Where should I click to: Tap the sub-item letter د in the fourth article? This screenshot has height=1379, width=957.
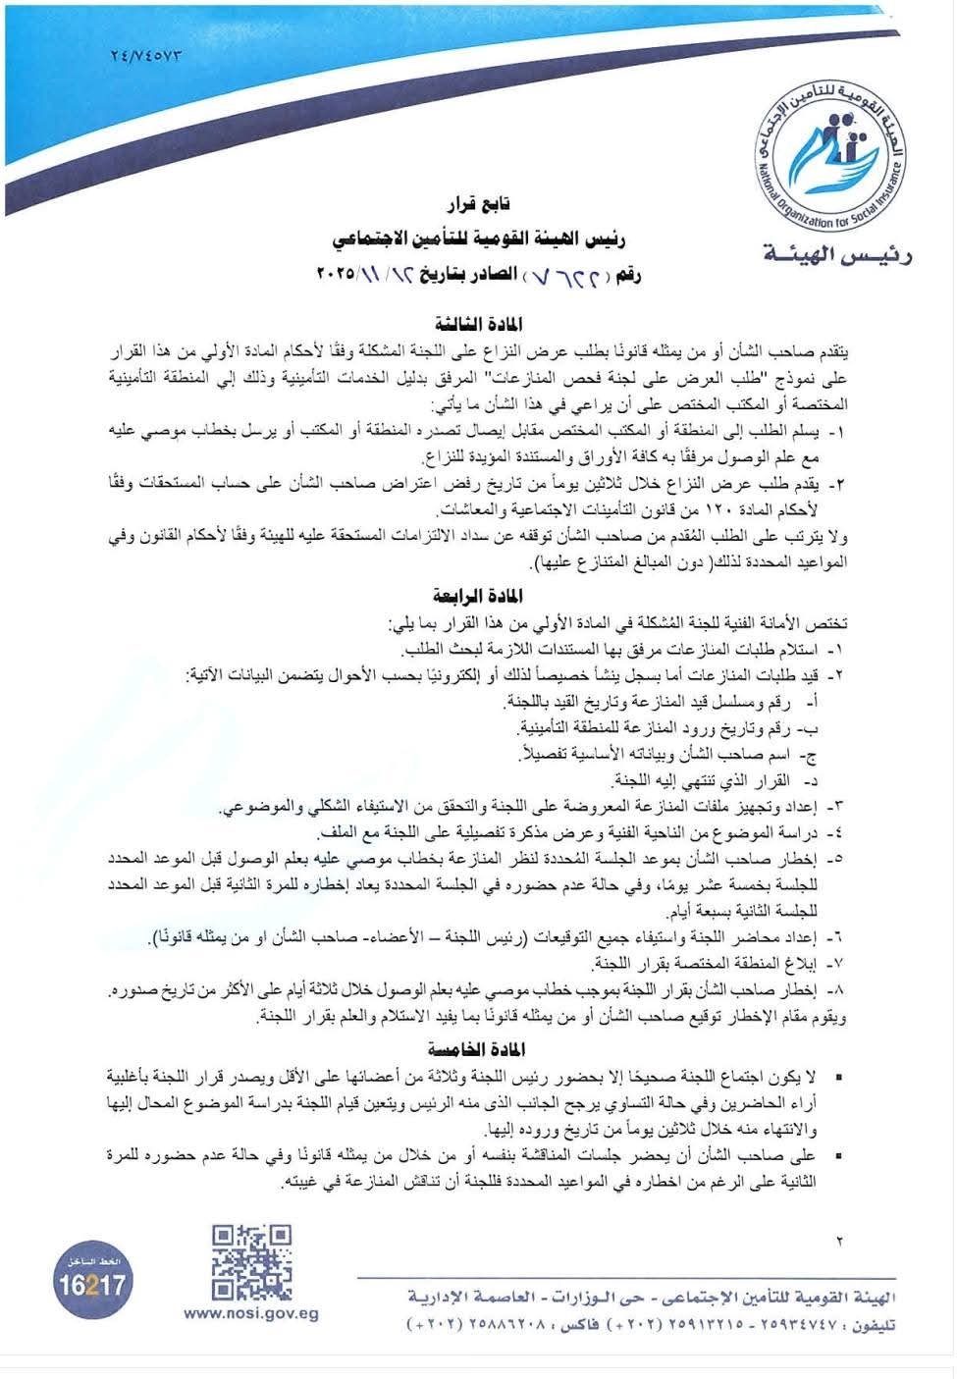811,780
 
